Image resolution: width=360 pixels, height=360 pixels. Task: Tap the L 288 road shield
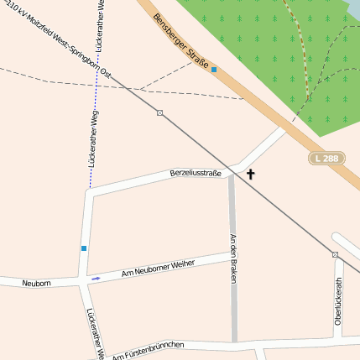pyautogui.click(x=326, y=158)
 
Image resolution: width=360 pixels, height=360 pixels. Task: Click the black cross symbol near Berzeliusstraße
pyautogui.click(x=250, y=175)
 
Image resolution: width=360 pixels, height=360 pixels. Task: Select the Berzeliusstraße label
pyautogui.click(x=196, y=173)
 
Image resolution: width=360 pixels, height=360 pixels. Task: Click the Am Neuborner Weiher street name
pyautogui.click(x=158, y=269)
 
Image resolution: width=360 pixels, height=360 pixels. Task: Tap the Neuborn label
pyautogui.click(x=36, y=284)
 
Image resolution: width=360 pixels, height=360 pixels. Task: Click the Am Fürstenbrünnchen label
pyautogui.click(x=148, y=351)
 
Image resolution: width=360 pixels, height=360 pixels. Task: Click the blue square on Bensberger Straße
pyautogui.click(x=214, y=70)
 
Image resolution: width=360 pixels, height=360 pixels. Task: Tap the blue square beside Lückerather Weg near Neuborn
pyautogui.click(x=84, y=248)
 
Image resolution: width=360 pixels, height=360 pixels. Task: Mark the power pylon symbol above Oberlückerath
pyautogui.click(x=335, y=253)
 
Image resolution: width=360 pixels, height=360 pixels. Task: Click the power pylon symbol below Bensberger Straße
pyautogui.click(x=159, y=112)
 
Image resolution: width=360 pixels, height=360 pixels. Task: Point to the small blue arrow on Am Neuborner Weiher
pyautogui.click(x=97, y=278)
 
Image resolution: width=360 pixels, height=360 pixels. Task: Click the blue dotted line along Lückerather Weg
pyautogui.click(x=91, y=126)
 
